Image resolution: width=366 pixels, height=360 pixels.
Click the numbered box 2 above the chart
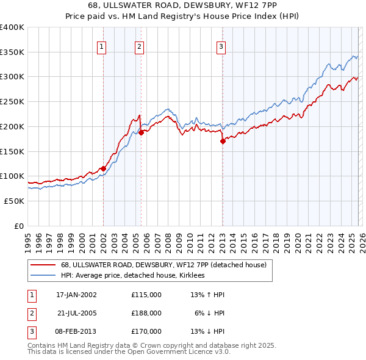pos(139,46)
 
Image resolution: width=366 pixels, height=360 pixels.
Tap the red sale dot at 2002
pos(103,168)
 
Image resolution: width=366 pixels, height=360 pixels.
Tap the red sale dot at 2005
pos(141,132)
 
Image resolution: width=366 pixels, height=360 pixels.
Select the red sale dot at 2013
pos(223,141)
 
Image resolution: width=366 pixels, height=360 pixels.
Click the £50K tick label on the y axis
pos(13,201)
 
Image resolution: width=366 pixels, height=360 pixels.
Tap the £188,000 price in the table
pos(146,313)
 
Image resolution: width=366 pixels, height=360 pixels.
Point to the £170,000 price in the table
pos(146,331)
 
